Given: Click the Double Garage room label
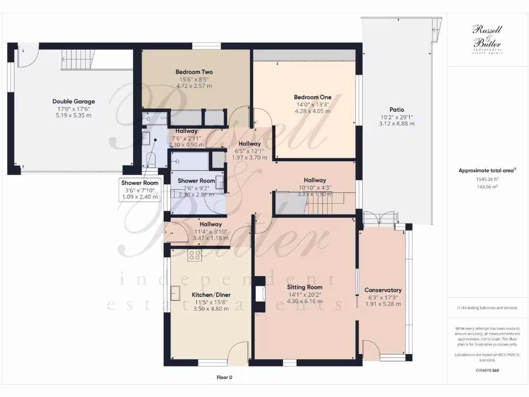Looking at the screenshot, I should click(x=73, y=101).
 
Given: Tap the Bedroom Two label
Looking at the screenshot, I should click(x=194, y=72).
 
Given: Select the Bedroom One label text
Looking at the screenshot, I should click(x=313, y=97).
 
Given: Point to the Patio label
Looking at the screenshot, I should click(x=397, y=110).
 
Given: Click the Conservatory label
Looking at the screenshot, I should click(x=383, y=290).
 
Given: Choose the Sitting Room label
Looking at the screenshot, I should click(x=305, y=287).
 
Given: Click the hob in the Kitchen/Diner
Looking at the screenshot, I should click(x=195, y=254).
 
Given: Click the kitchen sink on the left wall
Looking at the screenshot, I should click(x=176, y=293).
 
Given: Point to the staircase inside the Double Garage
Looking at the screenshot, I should click(x=79, y=59).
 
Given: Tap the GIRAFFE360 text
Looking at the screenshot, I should click(x=488, y=370).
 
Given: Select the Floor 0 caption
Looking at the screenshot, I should click(x=224, y=377).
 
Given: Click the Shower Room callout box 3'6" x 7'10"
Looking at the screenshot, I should click(x=139, y=190).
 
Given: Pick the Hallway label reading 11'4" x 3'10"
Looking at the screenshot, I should click(x=210, y=231).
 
